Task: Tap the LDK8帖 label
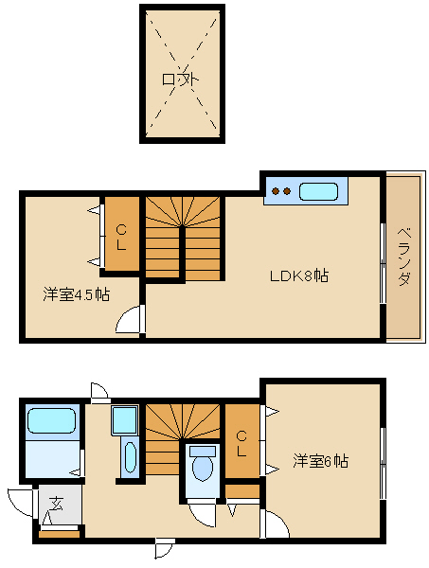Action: (x=299, y=276)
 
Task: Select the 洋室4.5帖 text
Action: (x=77, y=294)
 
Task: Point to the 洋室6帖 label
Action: (x=321, y=462)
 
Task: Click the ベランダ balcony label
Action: (x=404, y=257)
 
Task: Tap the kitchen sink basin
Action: (x=318, y=191)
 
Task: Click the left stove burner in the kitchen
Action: (x=277, y=191)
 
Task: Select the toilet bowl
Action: (x=202, y=469)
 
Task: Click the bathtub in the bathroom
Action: (x=52, y=420)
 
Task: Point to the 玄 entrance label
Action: (x=56, y=504)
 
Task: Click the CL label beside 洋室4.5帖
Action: (x=121, y=238)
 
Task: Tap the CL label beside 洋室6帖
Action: (x=241, y=443)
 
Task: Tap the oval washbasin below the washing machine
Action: (x=130, y=458)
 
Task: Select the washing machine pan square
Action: (x=125, y=419)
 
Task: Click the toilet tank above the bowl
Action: (x=203, y=451)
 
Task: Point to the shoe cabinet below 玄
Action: (x=60, y=534)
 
